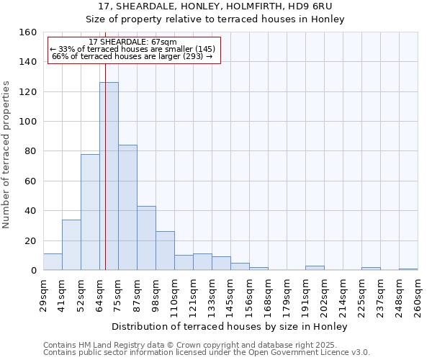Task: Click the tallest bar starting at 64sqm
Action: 109,176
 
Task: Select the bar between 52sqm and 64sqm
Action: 90,212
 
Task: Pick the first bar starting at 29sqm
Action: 53,262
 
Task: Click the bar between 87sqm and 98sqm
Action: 146,238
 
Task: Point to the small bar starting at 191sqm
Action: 315,268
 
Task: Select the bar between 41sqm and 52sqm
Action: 71,245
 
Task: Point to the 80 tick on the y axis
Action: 30,151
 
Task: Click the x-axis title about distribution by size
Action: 230,327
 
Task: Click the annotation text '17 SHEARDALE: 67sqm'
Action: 133,42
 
